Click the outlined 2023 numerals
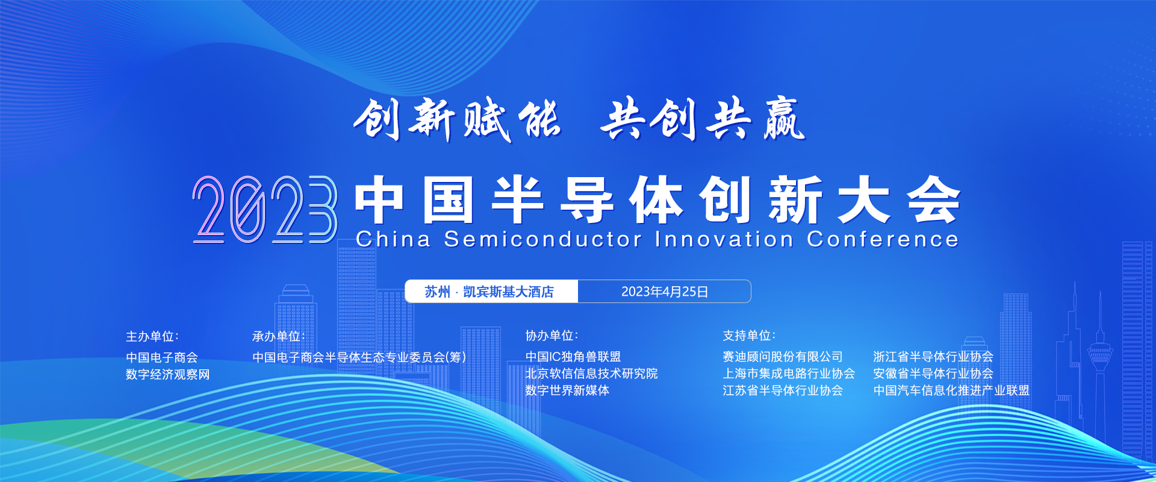coord(265,209)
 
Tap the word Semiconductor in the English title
coord(543,239)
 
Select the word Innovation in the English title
coord(724,239)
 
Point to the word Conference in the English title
coord(883,239)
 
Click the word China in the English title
coord(394,239)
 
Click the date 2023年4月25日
coord(665,292)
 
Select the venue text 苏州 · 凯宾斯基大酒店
coord(489,292)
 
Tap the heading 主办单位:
coord(152,336)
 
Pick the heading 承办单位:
coord(279,336)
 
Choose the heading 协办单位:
coord(552,336)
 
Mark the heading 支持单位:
coord(749,336)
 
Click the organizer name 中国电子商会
coord(162,357)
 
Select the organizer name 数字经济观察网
coord(168,374)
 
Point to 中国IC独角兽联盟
coord(573,357)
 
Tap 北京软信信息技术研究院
coord(591,374)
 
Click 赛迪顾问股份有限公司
coord(783,357)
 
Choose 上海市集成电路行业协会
coord(789,374)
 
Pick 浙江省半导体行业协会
coord(933,357)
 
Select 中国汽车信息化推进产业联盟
coord(951,390)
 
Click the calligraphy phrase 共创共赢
coord(703,119)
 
